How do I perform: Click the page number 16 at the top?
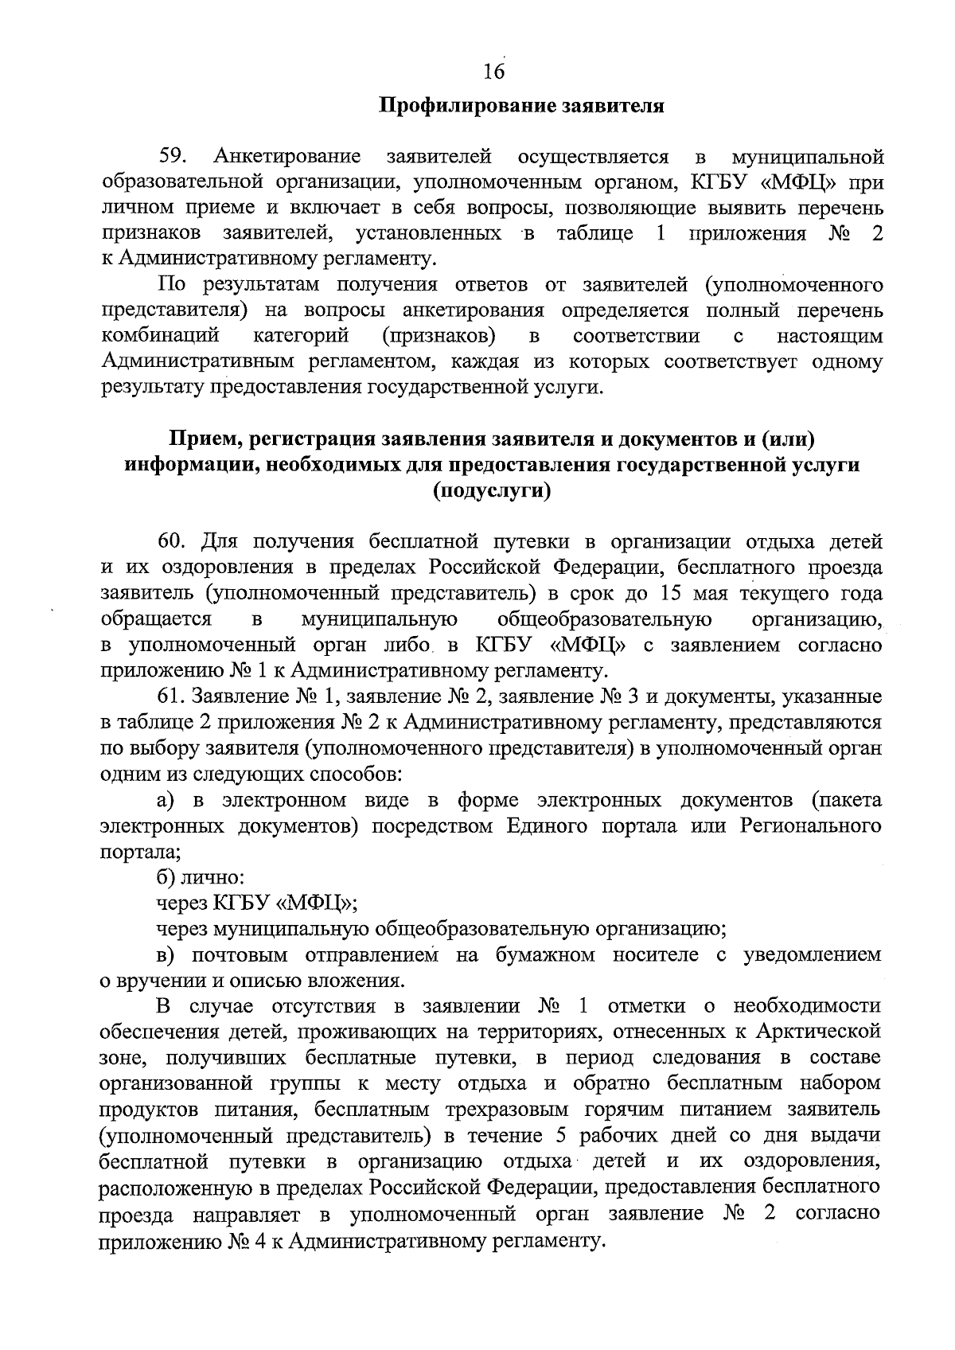pos(493,72)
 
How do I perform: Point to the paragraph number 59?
pos(173,157)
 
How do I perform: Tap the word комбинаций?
pos(161,336)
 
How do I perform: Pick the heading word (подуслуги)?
pos(492,491)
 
